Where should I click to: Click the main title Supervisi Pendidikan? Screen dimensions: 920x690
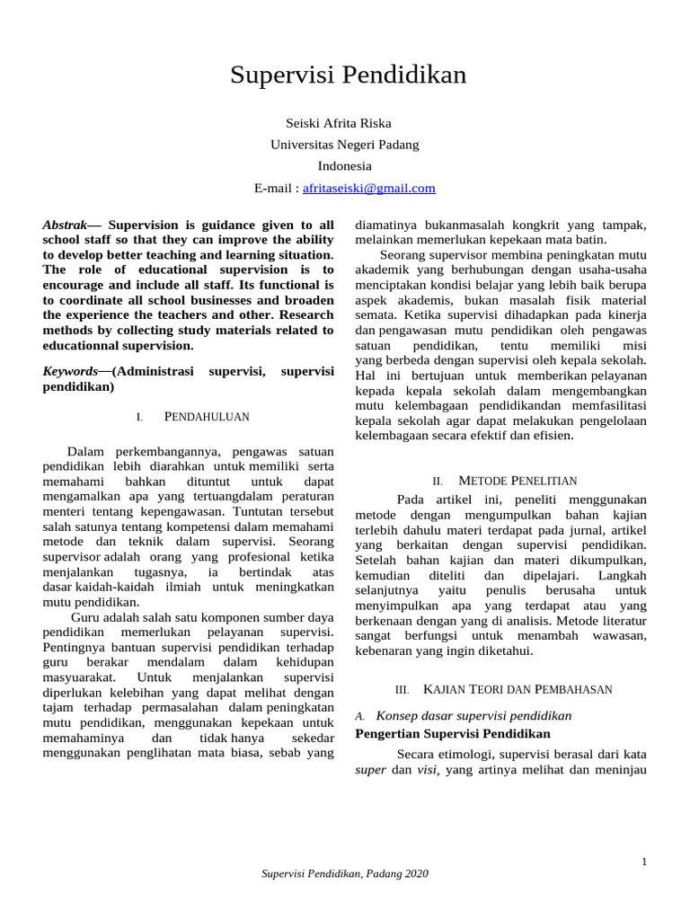348,75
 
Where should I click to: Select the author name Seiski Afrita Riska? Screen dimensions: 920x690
339,123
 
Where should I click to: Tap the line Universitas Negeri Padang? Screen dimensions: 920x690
344,145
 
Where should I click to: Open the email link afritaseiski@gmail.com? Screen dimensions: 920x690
369,188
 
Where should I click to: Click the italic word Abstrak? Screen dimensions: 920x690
69,225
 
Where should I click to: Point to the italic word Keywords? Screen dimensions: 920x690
71,371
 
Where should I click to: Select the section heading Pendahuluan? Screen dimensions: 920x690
206,417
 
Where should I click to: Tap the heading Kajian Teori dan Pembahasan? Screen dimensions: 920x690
517,689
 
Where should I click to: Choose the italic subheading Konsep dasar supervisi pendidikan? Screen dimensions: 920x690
473,716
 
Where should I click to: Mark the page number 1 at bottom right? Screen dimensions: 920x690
644,862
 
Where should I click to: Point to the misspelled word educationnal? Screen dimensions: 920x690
85,346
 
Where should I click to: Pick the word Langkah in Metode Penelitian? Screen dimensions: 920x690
622,574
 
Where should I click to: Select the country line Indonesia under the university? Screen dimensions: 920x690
344,166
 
